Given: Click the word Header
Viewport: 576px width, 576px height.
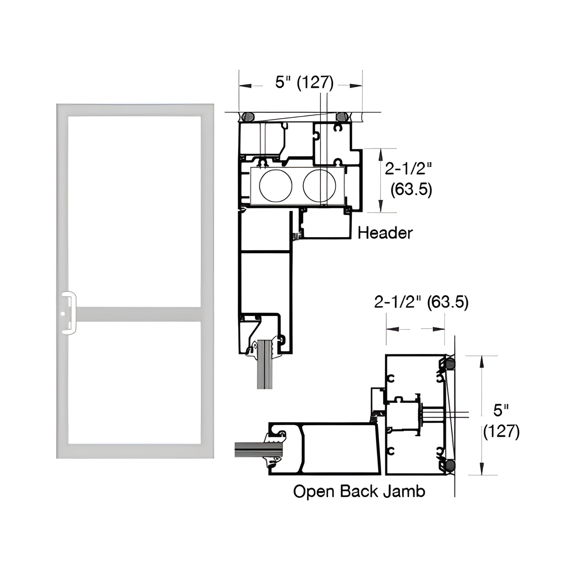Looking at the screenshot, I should click(385, 233).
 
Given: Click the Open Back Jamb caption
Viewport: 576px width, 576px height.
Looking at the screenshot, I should click(359, 491).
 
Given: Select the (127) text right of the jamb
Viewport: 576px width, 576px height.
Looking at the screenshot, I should click(501, 431).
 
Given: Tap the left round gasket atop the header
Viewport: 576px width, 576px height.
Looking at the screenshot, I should click(248, 117).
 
